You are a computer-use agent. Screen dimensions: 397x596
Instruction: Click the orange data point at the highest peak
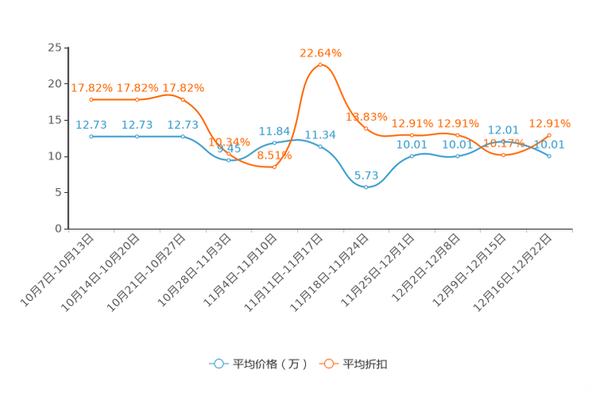[320, 65]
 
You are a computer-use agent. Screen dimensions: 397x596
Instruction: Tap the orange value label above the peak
[320, 53]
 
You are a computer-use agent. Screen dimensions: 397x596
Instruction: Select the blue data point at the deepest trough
[366, 186]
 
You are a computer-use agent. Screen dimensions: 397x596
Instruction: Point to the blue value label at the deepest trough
[366, 174]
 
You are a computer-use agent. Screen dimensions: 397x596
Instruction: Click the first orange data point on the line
[92, 99]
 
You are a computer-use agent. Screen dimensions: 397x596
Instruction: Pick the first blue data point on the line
[92, 137]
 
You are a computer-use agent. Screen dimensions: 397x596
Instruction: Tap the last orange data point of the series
[550, 134]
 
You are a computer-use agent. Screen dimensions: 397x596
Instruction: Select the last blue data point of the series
[550, 156]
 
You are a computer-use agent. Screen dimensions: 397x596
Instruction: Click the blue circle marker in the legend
[218, 363]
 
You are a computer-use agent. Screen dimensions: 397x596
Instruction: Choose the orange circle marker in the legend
[328, 363]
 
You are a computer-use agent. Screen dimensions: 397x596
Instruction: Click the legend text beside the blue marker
[269, 364]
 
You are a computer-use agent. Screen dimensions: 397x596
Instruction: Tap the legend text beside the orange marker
[366, 364]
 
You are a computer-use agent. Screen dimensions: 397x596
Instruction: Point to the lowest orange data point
[275, 167]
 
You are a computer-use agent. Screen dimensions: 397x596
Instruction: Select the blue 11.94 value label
[320, 134]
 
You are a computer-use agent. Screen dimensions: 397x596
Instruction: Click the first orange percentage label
[91, 87]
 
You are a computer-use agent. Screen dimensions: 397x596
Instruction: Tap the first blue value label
[91, 124]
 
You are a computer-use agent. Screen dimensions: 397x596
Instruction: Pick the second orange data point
[137, 99]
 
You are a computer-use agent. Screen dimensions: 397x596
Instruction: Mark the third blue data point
[183, 137]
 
